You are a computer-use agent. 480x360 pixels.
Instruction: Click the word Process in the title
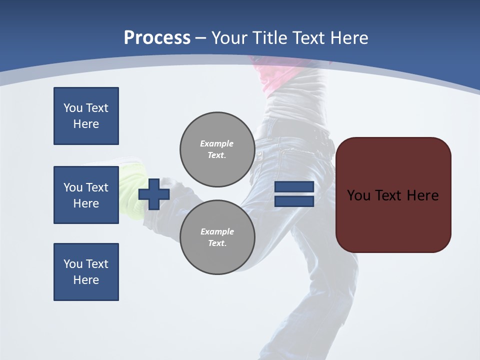pos(157,37)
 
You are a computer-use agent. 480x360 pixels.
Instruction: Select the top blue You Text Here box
pos(86,116)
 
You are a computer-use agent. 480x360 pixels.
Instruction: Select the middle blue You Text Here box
pos(86,195)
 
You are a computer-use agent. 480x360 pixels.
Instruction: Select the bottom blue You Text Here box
pos(86,272)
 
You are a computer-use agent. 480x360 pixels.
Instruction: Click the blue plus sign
pos(154,194)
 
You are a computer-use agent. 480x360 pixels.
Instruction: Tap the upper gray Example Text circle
pos(217,149)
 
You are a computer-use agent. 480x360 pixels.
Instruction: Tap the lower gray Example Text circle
pos(217,237)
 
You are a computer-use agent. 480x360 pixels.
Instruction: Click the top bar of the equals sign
pos(294,187)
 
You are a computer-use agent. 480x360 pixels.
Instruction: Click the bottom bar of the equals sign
pos(294,201)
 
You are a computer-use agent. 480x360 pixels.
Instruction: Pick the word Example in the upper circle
pos(216,143)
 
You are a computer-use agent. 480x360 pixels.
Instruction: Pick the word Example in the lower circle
pos(217,231)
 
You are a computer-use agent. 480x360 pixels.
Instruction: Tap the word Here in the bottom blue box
pos(86,280)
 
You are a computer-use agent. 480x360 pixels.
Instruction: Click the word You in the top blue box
pos(72,108)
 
